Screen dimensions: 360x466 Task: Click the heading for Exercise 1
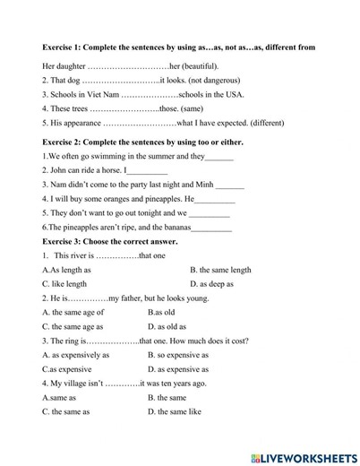click(x=178, y=47)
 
